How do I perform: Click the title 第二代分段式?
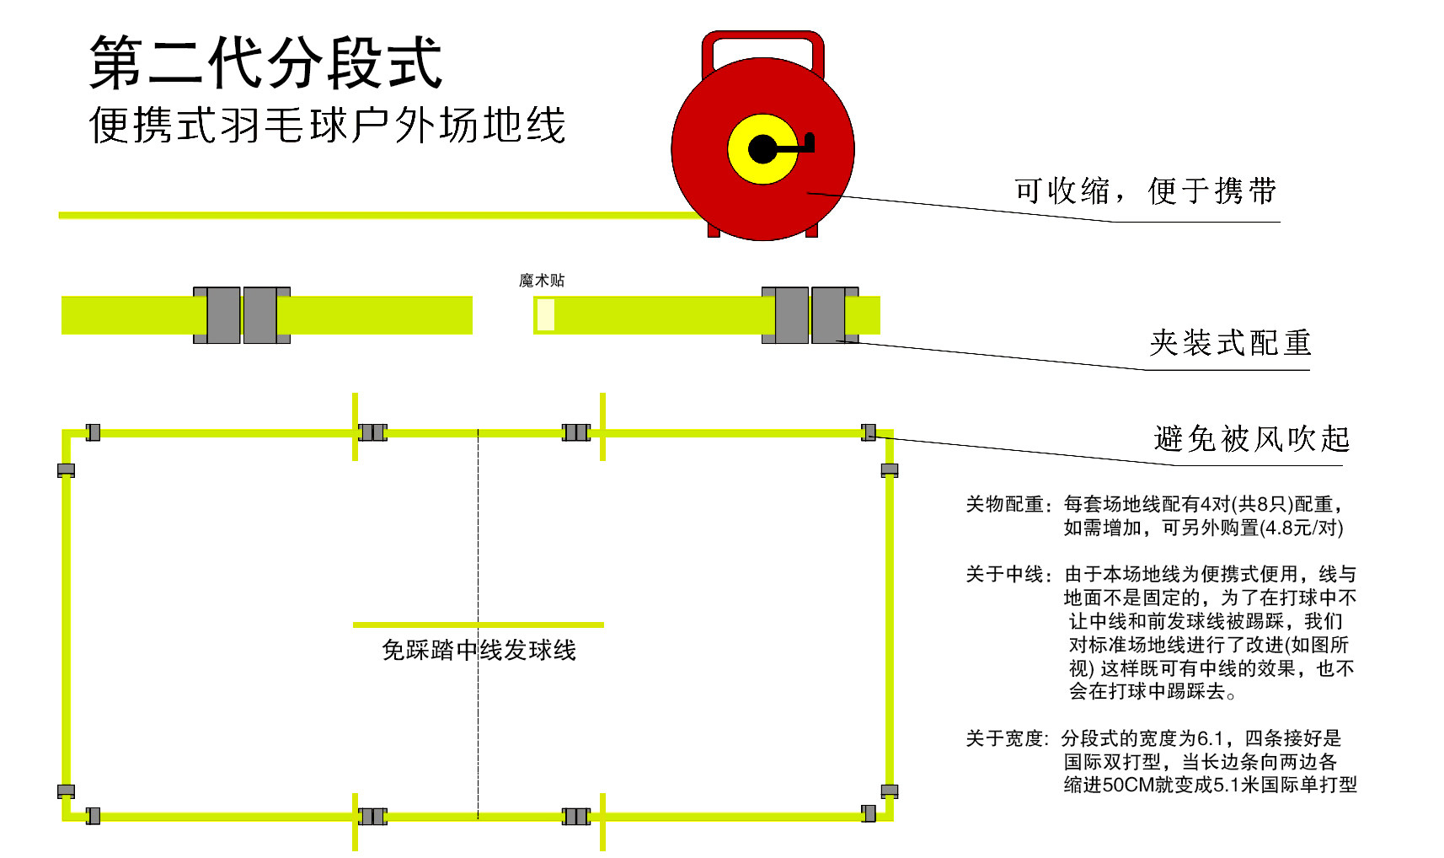click(x=265, y=62)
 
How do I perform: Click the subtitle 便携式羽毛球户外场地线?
click(x=327, y=126)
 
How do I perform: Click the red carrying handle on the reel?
click(x=762, y=37)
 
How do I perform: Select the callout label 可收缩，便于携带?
click(x=1145, y=191)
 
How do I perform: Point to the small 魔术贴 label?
click(x=542, y=281)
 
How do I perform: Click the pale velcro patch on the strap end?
click(x=546, y=315)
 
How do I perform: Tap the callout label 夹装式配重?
click(x=1230, y=343)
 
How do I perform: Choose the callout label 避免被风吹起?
click(x=1251, y=439)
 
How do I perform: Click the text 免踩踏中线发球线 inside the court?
click(x=479, y=651)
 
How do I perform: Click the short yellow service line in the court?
click(x=421, y=625)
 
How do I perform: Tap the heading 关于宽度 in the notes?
click(x=1005, y=739)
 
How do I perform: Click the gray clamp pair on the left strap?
click(x=242, y=315)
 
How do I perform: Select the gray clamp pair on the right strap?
click(x=810, y=315)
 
